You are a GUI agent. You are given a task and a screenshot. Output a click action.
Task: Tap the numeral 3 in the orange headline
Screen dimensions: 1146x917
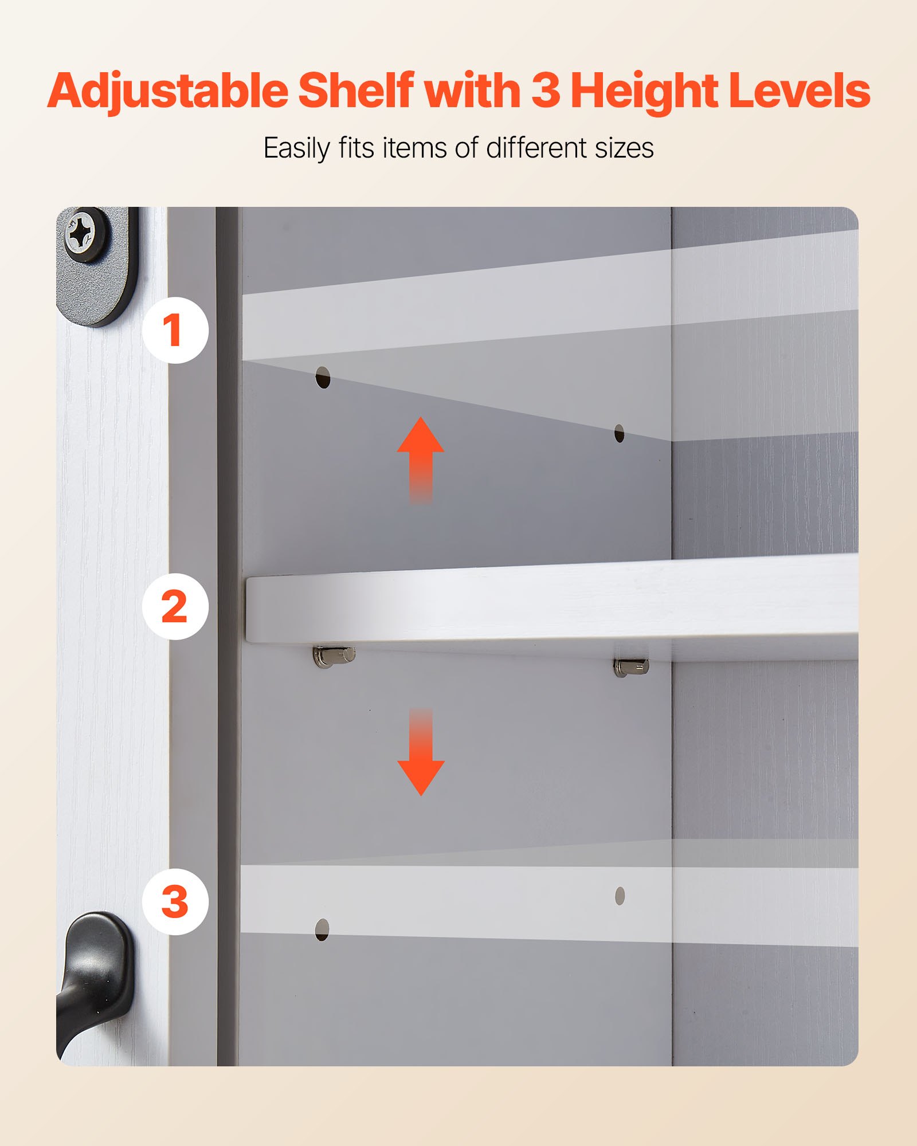[545, 91]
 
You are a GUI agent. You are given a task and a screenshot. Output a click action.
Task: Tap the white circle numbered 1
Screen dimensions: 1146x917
[175, 330]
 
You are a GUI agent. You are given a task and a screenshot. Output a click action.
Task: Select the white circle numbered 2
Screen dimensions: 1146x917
[175, 606]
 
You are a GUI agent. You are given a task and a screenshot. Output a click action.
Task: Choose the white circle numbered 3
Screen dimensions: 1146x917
[175, 902]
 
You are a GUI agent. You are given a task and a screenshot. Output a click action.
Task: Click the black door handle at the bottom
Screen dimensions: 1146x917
[95, 974]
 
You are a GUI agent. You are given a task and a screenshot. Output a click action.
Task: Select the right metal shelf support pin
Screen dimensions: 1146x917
[631, 666]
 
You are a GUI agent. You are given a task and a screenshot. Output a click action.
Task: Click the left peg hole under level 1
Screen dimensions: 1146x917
[323, 378]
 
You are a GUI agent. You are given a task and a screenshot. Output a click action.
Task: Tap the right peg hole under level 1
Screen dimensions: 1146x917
[619, 434]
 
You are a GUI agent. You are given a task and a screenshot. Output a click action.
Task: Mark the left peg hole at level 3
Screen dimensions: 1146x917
[322, 929]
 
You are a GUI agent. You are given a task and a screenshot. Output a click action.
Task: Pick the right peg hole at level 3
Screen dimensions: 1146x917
[620, 896]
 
